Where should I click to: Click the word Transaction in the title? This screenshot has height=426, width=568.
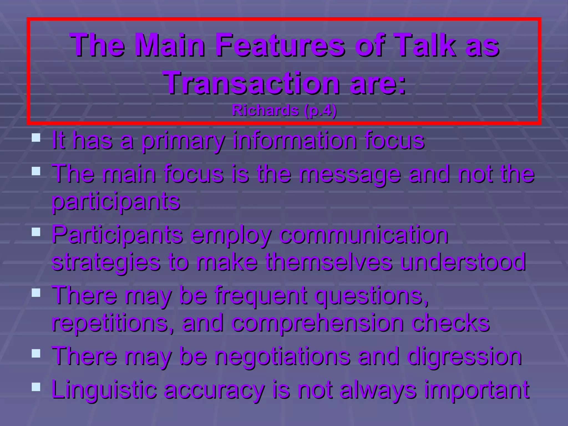[x=252, y=82]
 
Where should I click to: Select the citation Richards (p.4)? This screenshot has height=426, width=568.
[x=284, y=111]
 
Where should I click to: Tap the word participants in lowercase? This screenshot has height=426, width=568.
[x=116, y=202]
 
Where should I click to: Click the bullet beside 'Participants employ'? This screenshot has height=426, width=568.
[x=36, y=232]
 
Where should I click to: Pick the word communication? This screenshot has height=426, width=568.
[x=363, y=235]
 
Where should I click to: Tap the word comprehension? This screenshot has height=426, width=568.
[x=317, y=323]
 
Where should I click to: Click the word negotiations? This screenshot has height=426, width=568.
[x=282, y=357]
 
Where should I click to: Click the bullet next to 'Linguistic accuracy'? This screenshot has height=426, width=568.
[x=36, y=387]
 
